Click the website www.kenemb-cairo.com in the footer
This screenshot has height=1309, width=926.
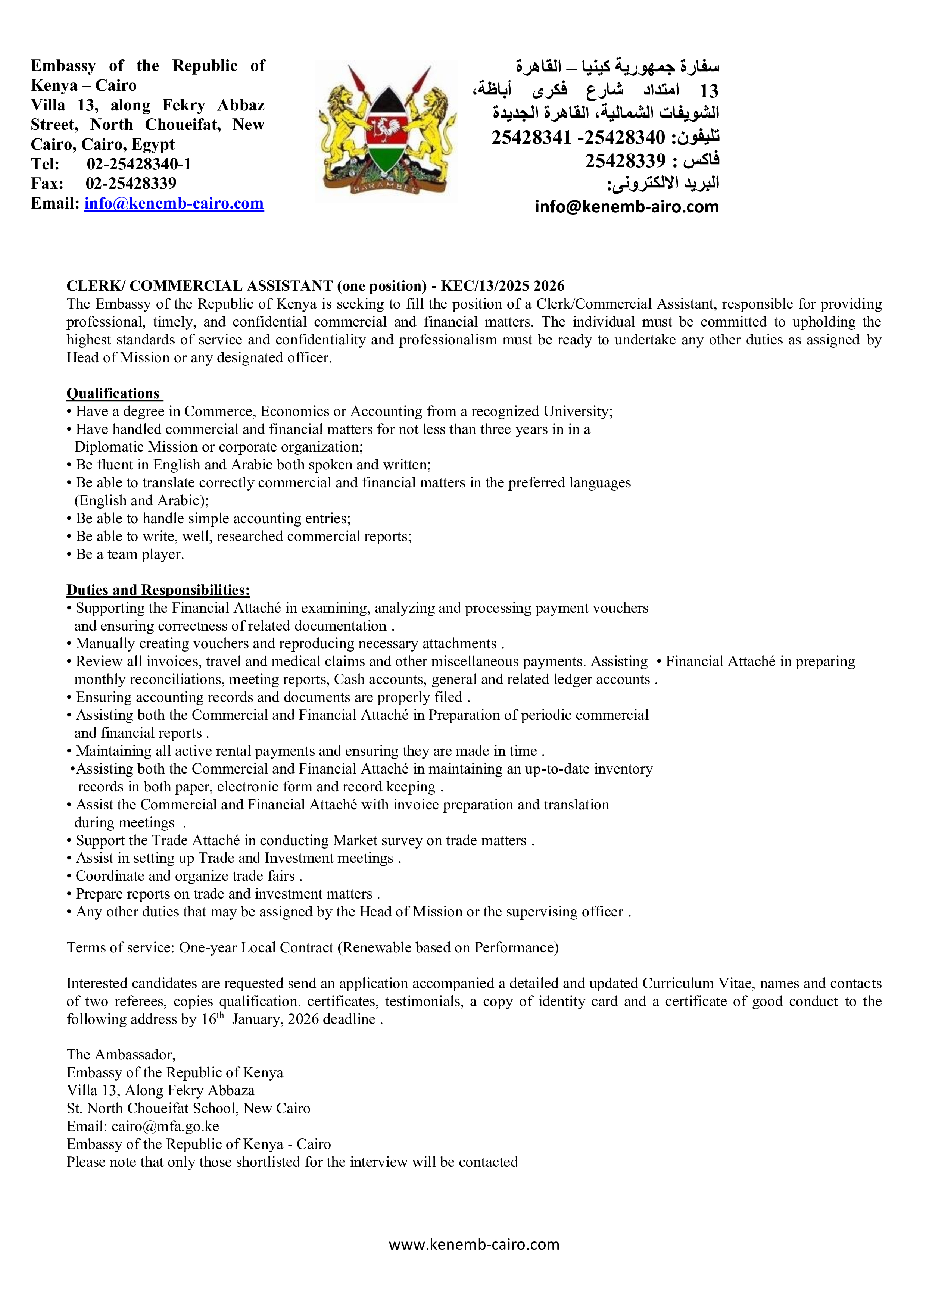(474, 1244)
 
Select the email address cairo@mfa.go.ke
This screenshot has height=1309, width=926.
(165, 1126)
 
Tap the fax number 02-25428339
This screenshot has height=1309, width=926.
(131, 184)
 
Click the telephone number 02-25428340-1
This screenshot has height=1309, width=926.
(139, 164)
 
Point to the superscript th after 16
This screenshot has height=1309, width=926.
(221, 1015)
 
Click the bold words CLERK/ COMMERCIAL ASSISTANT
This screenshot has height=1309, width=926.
(200, 285)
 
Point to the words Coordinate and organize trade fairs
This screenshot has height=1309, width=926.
(185, 876)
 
